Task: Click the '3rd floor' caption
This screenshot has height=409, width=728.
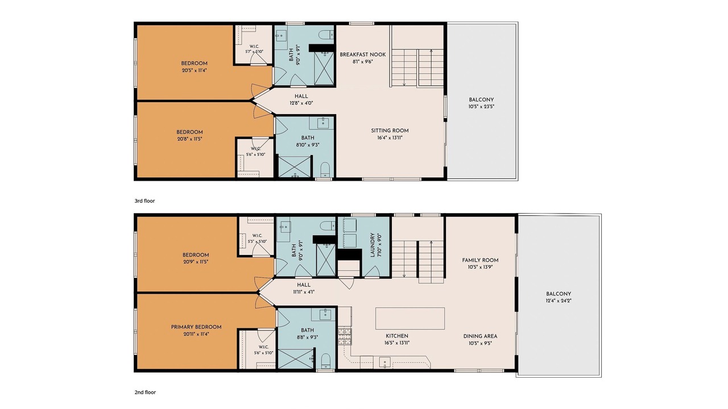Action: click(x=144, y=201)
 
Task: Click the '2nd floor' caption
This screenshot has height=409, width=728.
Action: click(x=145, y=393)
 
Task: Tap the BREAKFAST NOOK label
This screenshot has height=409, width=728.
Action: click(x=363, y=55)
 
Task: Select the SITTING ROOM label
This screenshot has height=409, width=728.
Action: click(x=390, y=131)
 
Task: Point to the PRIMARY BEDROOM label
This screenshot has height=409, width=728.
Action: click(x=196, y=327)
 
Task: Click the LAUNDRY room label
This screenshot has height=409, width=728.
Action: click(x=373, y=245)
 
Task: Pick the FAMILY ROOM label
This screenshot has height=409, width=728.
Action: click(x=481, y=260)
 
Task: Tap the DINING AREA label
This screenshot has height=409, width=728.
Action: click(x=481, y=336)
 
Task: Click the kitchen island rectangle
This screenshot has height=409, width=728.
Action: click(x=410, y=319)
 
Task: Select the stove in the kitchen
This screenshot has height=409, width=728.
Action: click(x=345, y=336)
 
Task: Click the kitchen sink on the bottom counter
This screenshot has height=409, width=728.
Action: click(x=385, y=362)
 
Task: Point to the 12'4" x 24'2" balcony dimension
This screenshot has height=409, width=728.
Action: click(x=559, y=301)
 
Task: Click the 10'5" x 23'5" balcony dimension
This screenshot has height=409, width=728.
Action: click(x=481, y=106)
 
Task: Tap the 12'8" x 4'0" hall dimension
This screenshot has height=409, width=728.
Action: click(x=301, y=103)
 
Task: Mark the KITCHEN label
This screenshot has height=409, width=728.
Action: click(x=397, y=336)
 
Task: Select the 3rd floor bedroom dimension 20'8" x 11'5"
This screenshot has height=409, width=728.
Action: click(x=189, y=139)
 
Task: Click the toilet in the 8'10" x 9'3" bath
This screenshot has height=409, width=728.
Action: click(x=325, y=170)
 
